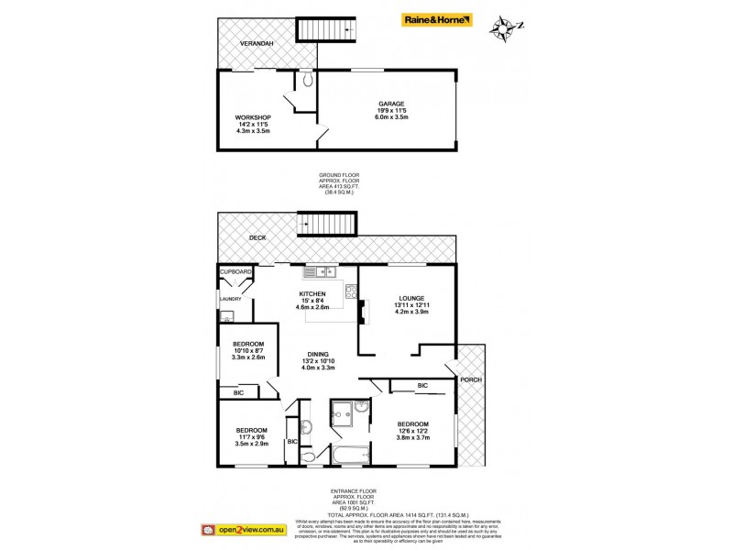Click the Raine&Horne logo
coord(438,18)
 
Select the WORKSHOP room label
coord(252,117)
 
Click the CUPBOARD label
coord(235,272)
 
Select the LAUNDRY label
coord(230,299)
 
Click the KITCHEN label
coord(312,294)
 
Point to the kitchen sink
coord(320,271)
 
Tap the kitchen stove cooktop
coord(349,292)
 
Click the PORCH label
coord(471,379)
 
